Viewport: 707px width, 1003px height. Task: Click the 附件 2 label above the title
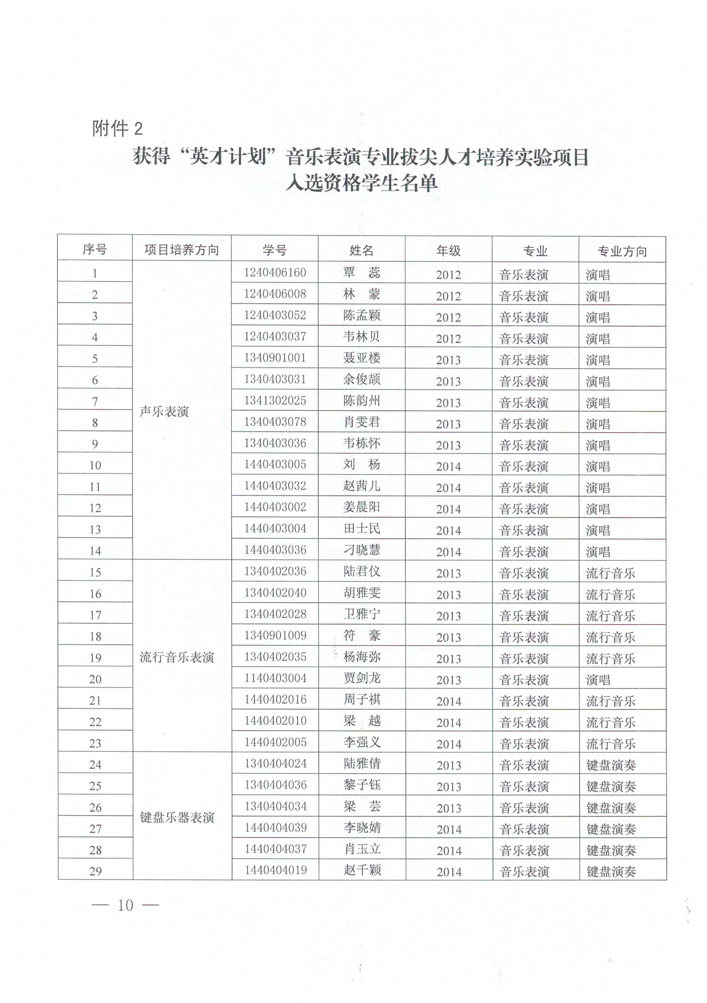coord(117,128)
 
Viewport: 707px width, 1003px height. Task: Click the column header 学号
coord(275,250)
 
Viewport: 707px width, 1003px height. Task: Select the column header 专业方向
coord(622,251)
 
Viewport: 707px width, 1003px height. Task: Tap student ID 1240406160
coord(275,273)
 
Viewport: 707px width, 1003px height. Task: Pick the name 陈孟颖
coord(361,315)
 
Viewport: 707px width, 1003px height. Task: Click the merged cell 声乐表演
coord(164,411)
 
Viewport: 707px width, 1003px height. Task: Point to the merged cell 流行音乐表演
coord(177,657)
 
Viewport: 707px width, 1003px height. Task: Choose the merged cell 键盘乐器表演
coord(177,818)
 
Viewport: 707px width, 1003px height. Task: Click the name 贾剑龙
coord(362,678)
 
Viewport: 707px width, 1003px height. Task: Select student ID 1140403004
coord(275,678)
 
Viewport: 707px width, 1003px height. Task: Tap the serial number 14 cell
coord(95,551)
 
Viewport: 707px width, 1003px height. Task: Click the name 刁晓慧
coord(362,550)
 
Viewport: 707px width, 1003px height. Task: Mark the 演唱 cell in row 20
coord(598,680)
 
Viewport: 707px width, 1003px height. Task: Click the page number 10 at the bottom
coord(125,905)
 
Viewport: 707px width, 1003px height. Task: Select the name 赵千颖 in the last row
coord(362,870)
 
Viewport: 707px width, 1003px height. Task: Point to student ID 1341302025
coord(275,400)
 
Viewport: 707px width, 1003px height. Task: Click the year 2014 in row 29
coord(449,872)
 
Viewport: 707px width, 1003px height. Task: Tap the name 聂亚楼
coord(361,358)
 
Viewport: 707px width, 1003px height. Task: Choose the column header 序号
coord(95,249)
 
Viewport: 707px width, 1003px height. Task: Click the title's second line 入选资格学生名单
coord(361,182)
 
